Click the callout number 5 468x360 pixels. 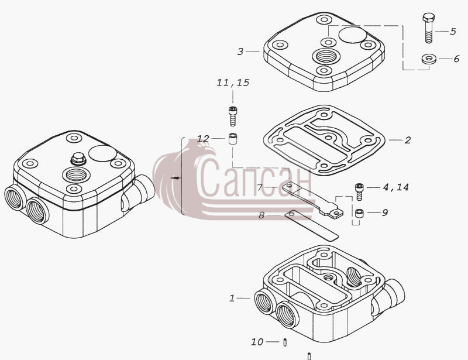coord(453,32)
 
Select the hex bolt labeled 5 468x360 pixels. coord(429,28)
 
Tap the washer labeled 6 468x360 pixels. coord(429,59)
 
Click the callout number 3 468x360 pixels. coord(240,52)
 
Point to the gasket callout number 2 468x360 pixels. coord(408,140)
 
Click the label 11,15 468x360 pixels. coord(233,83)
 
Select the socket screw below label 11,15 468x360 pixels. coord(233,116)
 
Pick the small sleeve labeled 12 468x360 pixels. coord(233,139)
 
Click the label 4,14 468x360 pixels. coord(396,187)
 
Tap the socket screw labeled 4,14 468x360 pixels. coord(359,191)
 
